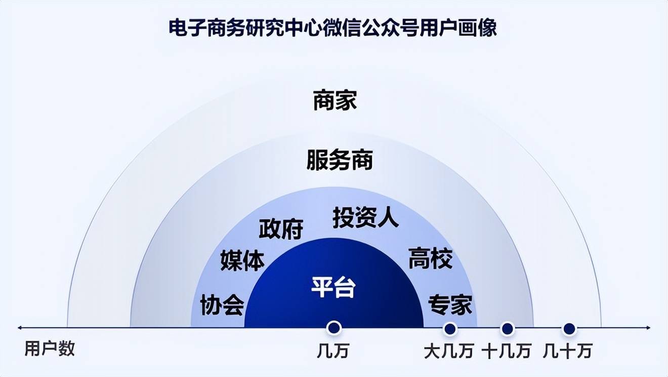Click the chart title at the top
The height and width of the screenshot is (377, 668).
(332, 28)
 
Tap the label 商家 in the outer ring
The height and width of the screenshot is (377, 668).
(335, 100)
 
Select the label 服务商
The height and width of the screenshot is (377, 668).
(340, 160)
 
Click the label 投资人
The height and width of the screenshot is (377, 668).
(365, 217)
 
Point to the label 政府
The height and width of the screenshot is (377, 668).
(281, 229)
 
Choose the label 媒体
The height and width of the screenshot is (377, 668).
(242, 260)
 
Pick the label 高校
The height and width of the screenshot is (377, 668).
(430, 258)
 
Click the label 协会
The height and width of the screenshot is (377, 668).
(222, 305)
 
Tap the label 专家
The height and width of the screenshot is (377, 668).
(450, 305)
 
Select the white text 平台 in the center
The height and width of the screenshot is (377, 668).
(333, 287)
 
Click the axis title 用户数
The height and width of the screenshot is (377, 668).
(50, 349)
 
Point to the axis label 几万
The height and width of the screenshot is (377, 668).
(333, 351)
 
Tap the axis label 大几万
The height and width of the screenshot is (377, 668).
(449, 351)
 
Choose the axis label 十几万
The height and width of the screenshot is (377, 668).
(507, 351)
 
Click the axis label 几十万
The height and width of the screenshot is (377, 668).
(567, 351)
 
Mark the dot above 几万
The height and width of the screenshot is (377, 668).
(334, 328)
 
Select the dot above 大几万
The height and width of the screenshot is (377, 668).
(450, 329)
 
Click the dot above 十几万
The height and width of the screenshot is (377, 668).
(508, 329)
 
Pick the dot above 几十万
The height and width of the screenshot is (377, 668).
(569, 329)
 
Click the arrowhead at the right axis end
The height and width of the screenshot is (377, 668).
(648, 328)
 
